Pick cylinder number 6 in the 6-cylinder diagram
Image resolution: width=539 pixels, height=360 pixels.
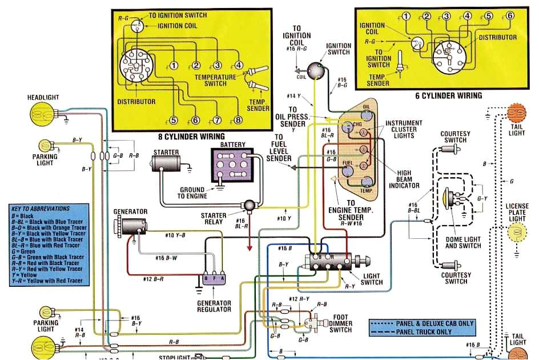coord(509,16)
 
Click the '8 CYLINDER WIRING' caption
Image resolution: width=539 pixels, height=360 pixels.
coord(191,137)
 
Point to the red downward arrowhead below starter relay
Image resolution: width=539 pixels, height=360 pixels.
coord(249,248)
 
